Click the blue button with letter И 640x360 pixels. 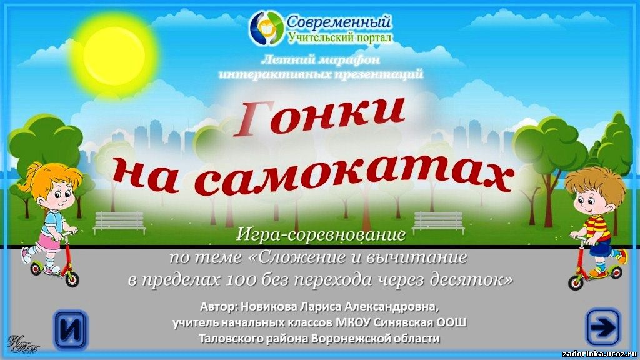[71, 329]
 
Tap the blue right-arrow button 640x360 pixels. [603, 327]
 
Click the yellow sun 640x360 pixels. [114, 55]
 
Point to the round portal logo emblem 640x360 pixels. [266, 27]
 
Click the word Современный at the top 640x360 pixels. [338, 22]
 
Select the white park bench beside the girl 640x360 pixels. [119, 222]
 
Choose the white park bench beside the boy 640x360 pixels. [438, 222]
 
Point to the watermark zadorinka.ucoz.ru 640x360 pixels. [599, 354]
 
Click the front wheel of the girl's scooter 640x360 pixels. [72, 279]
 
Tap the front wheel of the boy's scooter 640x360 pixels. [576, 282]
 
